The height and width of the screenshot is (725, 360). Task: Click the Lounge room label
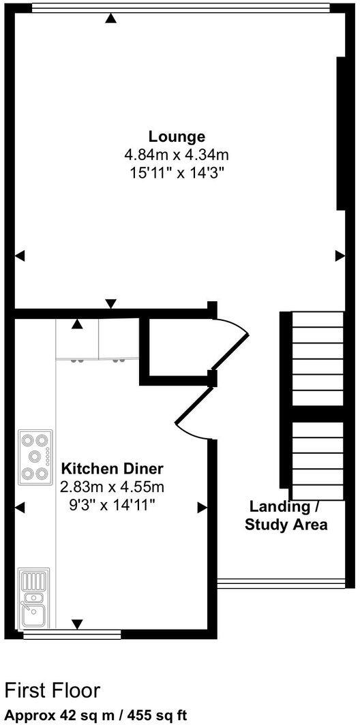click(x=178, y=136)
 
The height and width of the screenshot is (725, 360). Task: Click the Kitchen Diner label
click(x=112, y=469)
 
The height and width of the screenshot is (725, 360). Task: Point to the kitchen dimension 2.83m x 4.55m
click(x=112, y=487)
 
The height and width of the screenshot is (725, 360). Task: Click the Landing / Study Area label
click(x=286, y=516)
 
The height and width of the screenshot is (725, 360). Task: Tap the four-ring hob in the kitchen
click(x=35, y=457)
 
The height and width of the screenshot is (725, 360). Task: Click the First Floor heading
click(x=52, y=690)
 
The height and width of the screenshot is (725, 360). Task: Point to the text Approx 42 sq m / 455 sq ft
click(x=95, y=715)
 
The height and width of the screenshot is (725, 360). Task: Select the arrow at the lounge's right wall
click(x=340, y=256)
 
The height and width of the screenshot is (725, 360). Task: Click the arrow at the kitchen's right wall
click(x=202, y=507)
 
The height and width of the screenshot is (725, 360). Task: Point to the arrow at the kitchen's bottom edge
click(x=77, y=623)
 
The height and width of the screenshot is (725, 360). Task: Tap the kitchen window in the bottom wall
click(x=72, y=635)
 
